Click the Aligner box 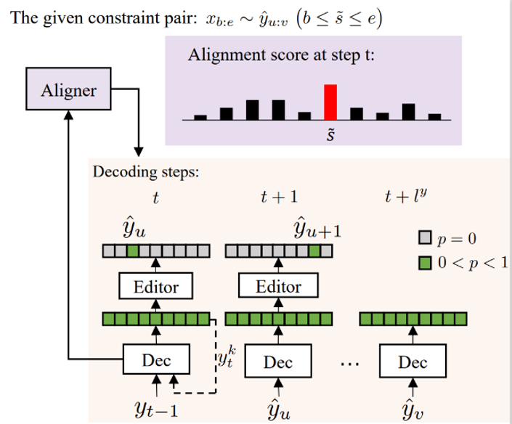tap(67, 91)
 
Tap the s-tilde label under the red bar tap(330, 134)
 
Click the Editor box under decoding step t tap(156, 286)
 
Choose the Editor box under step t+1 tap(278, 286)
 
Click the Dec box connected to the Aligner tap(156, 359)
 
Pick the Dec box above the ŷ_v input tap(413, 361)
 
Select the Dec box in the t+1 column tap(278, 361)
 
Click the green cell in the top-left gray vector tap(132, 251)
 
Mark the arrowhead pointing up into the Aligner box tap(67, 117)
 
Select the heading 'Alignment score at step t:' tap(281, 55)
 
